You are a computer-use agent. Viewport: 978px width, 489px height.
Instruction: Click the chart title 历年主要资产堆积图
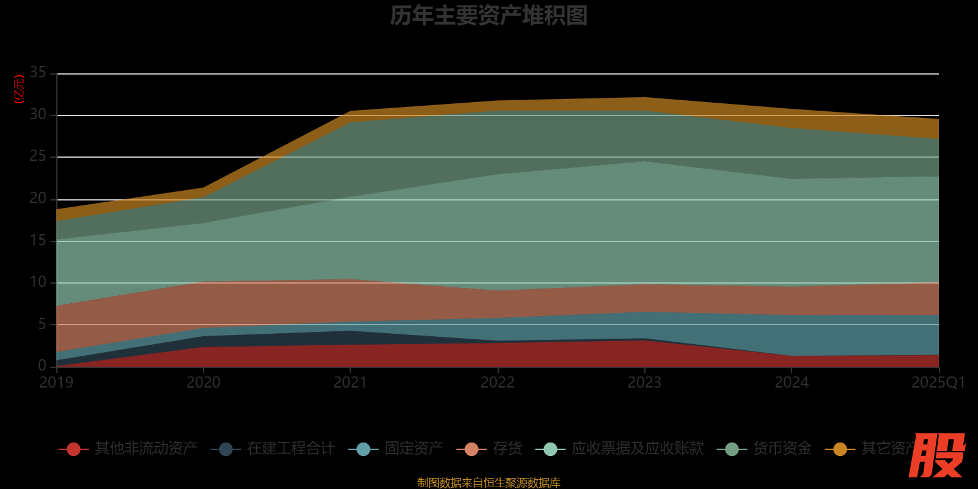(x=488, y=16)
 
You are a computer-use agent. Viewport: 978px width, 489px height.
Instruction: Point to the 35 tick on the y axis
(x=38, y=73)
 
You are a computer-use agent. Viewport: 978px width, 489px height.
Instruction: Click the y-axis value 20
(x=38, y=199)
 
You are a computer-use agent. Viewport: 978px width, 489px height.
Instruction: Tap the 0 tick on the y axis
(x=42, y=366)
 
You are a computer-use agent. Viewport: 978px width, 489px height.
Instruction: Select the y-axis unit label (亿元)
(x=20, y=89)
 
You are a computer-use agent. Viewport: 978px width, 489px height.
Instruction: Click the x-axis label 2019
(x=56, y=383)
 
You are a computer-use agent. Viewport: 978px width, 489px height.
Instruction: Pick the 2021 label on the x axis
(x=350, y=383)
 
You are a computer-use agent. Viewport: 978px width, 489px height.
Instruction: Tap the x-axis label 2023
(x=644, y=383)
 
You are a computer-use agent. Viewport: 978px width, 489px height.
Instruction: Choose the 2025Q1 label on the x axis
(x=938, y=383)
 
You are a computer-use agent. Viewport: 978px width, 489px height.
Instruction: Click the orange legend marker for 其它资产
(x=840, y=449)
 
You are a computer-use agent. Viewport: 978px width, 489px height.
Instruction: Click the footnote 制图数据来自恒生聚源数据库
(x=488, y=483)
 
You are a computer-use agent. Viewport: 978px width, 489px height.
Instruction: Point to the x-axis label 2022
(x=498, y=383)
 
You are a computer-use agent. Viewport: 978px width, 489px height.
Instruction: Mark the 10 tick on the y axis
(x=38, y=282)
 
